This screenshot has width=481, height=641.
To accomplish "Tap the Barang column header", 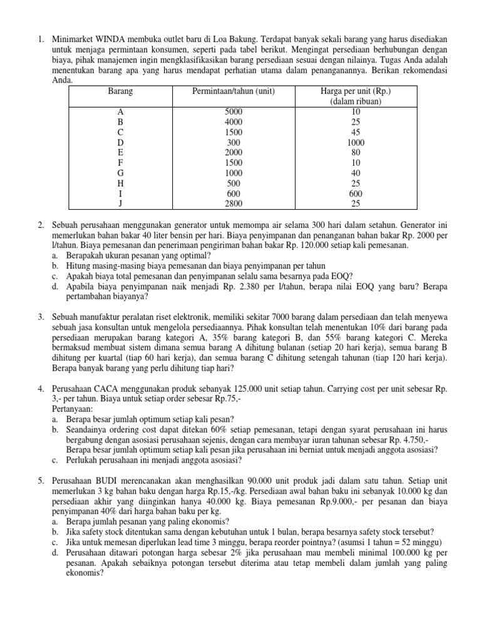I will pyautogui.click(x=120, y=91).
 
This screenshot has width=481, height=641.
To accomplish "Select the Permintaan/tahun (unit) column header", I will pyautogui.click(x=233, y=91).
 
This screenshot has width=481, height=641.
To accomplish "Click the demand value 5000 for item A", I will pyautogui.click(x=233, y=111).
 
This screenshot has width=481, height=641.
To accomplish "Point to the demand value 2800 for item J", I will pyautogui.click(x=233, y=203).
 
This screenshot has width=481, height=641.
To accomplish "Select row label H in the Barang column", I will pyautogui.click(x=120, y=183).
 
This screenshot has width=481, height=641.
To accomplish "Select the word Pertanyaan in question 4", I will pyautogui.click(x=73, y=409).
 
